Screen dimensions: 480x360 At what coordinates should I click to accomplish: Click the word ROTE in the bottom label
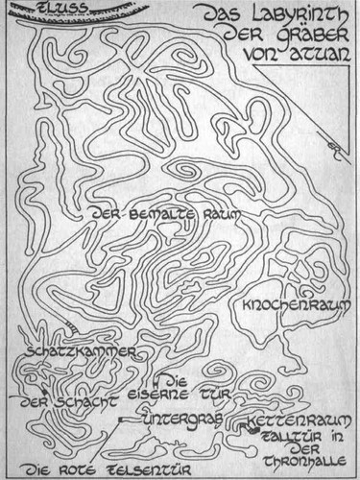pos(64,469)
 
